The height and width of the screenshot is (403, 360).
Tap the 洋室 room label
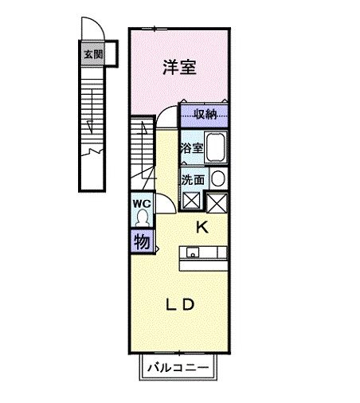click(179, 68)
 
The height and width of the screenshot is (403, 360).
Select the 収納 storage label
click(205, 115)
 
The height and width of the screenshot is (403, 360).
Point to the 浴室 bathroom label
click(191, 148)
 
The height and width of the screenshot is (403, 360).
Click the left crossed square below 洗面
click(192, 201)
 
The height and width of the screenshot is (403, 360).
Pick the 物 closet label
click(141, 241)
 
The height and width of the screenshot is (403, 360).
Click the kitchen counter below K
click(206, 253)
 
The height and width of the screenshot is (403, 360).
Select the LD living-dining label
click(181, 304)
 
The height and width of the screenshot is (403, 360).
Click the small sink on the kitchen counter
click(191, 253)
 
